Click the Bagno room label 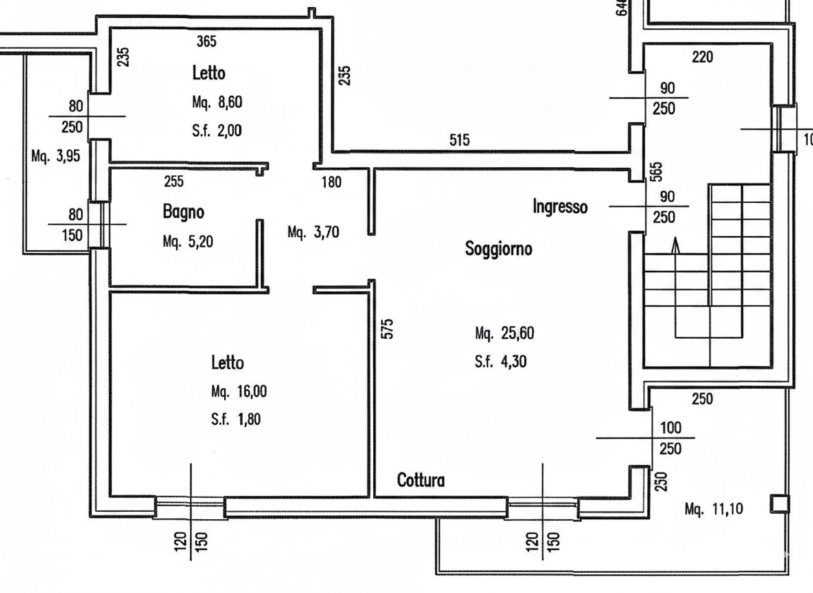[183, 212]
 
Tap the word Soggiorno [499, 248]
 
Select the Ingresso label [560, 206]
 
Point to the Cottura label [421, 480]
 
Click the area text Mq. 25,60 [504, 334]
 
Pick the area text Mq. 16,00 [239, 392]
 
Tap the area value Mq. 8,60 [218, 103]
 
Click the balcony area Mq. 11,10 [715, 509]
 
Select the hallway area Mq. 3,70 [313, 233]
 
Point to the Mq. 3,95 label [56, 156]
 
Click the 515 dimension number [459, 140]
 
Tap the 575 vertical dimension [387, 328]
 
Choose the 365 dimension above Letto [206, 41]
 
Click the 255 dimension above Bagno [174, 182]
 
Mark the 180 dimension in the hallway [332, 182]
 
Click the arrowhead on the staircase [676, 244]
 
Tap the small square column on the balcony [778, 504]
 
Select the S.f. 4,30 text [501, 362]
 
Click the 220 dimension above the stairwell [702, 58]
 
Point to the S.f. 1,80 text [236, 419]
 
